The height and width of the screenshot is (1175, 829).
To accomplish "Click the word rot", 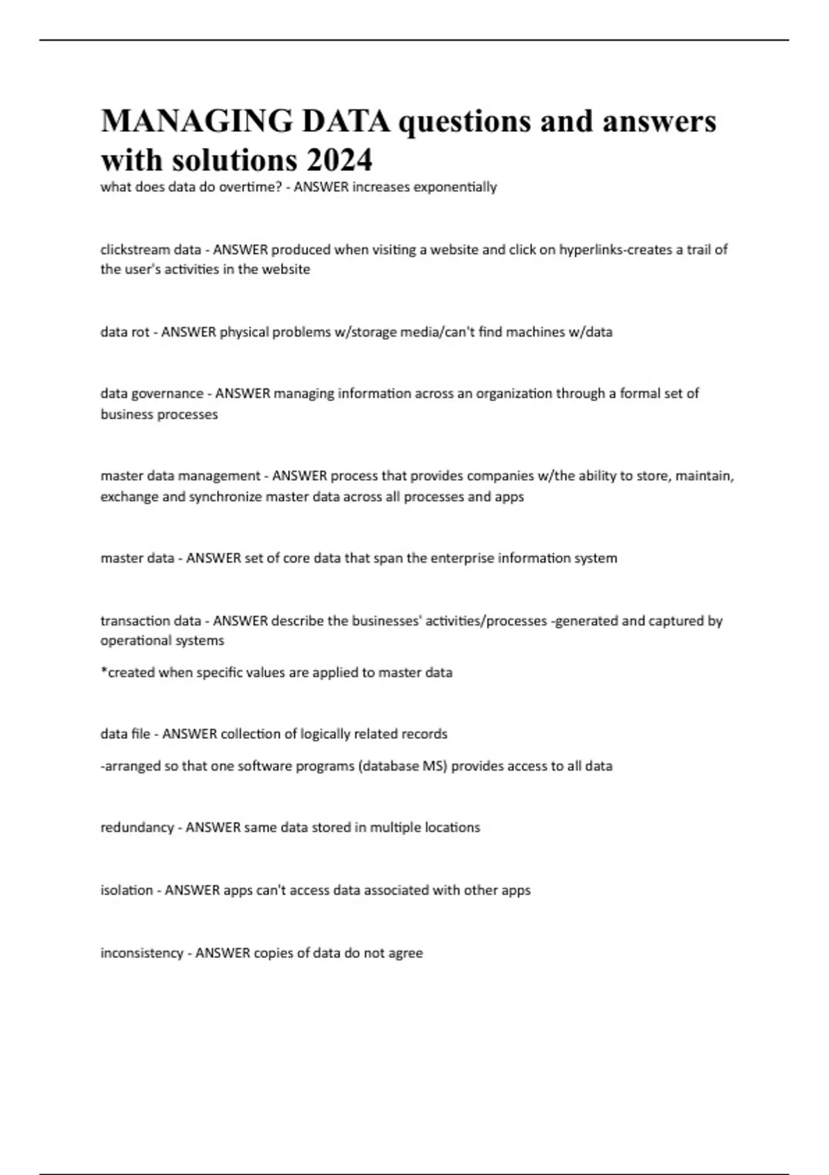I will coord(140,332).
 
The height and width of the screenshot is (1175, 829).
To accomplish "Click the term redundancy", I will coord(137,828).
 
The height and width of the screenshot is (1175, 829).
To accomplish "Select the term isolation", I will coord(126,890).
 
